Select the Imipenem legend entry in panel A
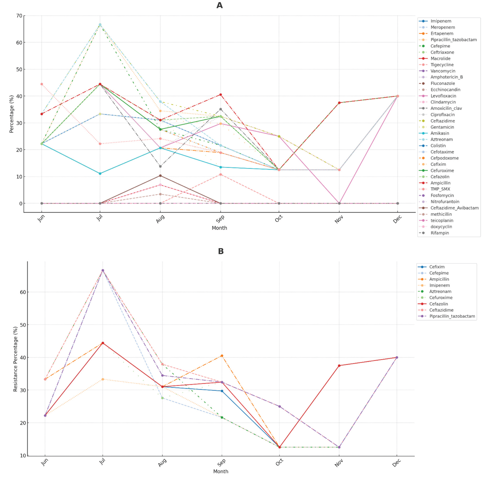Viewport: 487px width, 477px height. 441,21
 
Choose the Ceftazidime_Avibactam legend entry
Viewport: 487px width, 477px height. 454,208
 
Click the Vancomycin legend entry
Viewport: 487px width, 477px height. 443,71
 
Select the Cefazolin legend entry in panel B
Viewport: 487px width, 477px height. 438,304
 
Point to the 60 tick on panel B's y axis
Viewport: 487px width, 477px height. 22,292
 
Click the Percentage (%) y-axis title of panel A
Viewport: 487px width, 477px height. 11,114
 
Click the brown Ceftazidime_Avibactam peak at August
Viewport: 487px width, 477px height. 160,176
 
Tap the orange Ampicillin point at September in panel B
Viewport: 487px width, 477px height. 222,356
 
